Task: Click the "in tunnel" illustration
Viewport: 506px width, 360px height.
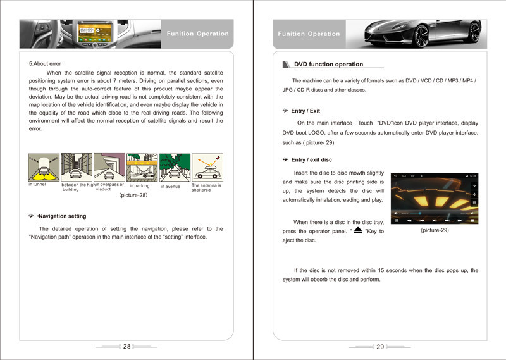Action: [x=44, y=167]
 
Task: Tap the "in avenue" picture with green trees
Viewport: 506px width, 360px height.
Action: [x=175, y=167]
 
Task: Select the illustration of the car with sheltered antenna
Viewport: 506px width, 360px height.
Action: [x=207, y=167]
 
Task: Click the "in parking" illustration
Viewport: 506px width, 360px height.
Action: [x=142, y=167]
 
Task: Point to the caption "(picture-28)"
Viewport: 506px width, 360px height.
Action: [x=133, y=195]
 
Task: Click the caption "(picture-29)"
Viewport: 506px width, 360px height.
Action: [x=435, y=230]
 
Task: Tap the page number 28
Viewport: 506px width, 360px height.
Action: [x=127, y=347]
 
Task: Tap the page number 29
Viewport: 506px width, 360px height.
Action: [x=380, y=347]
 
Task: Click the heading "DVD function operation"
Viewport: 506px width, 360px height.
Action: [x=328, y=65]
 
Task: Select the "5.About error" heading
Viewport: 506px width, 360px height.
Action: [x=45, y=64]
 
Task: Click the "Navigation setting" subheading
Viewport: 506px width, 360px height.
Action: [x=62, y=216]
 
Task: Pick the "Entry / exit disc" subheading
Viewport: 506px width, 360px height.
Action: [x=311, y=159]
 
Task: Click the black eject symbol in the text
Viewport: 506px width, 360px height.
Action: [x=358, y=230]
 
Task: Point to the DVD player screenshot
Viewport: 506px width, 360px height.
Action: [x=435, y=198]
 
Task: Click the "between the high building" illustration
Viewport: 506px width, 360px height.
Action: [x=77, y=167]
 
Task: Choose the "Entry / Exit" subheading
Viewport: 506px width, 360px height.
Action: [x=305, y=111]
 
